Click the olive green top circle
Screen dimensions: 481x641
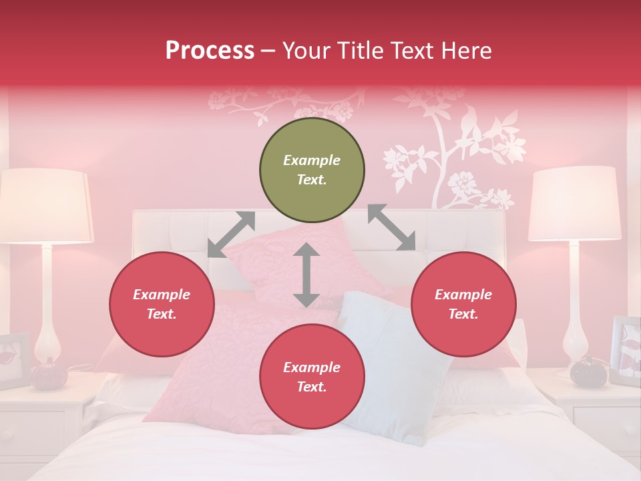click(x=312, y=170)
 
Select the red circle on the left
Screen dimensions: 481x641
click(x=162, y=304)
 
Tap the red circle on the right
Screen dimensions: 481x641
click(x=463, y=304)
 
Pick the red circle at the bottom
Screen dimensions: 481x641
click(x=312, y=377)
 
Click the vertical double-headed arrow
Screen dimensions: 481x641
click(x=306, y=275)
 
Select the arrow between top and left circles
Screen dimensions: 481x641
click(x=231, y=234)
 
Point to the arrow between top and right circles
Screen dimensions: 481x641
click(x=391, y=227)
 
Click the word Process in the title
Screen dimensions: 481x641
click(x=210, y=51)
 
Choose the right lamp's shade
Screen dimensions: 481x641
click(x=575, y=204)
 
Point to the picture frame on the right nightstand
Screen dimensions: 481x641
click(x=625, y=351)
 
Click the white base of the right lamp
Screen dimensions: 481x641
click(x=575, y=321)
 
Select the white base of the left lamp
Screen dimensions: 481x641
click(x=47, y=321)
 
